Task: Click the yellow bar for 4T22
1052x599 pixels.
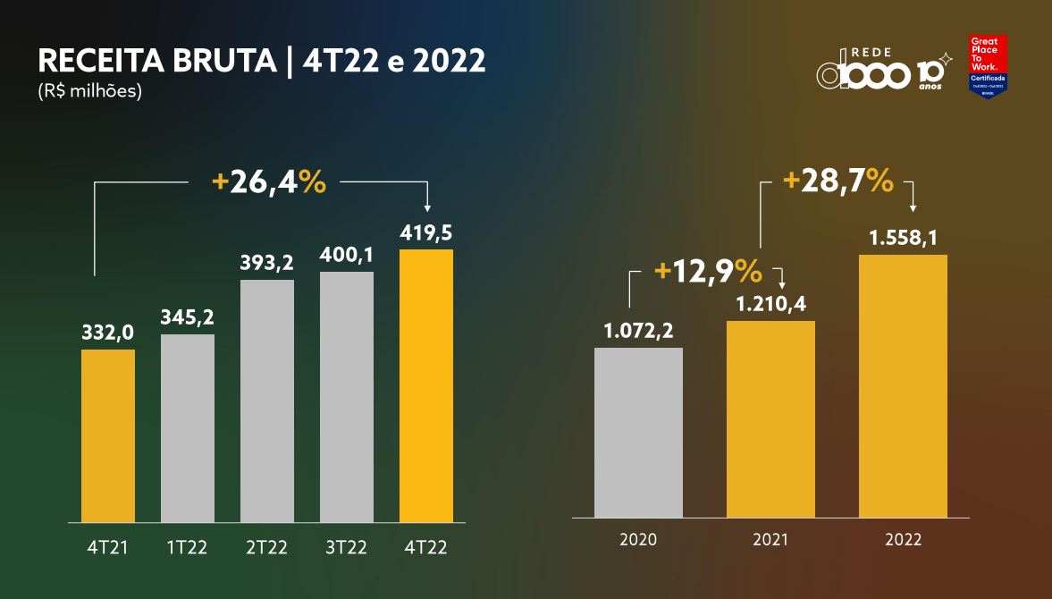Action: tap(426, 385)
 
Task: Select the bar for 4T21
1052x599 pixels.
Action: tap(108, 435)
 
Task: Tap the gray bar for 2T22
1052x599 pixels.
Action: tap(267, 401)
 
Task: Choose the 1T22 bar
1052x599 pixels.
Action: tap(188, 428)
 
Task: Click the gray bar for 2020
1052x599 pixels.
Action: tap(638, 432)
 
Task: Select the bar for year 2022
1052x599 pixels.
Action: tap(903, 385)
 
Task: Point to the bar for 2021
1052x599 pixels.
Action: tap(770, 418)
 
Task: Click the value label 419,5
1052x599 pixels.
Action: tap(425, 233)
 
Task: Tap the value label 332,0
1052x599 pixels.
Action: tap(107, 333)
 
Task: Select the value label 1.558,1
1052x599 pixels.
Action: tap(902, 239)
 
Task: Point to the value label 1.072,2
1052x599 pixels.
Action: tap(638, 332)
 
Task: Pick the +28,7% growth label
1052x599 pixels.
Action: tap(837, 181)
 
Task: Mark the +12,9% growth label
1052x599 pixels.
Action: tap(707, 269)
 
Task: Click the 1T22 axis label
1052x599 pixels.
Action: tap(187, 547)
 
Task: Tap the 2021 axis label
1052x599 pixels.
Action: tap(770, 540)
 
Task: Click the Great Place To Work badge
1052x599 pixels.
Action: tap(988, 66)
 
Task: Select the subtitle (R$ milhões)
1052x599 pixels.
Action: tap(89, 91)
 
